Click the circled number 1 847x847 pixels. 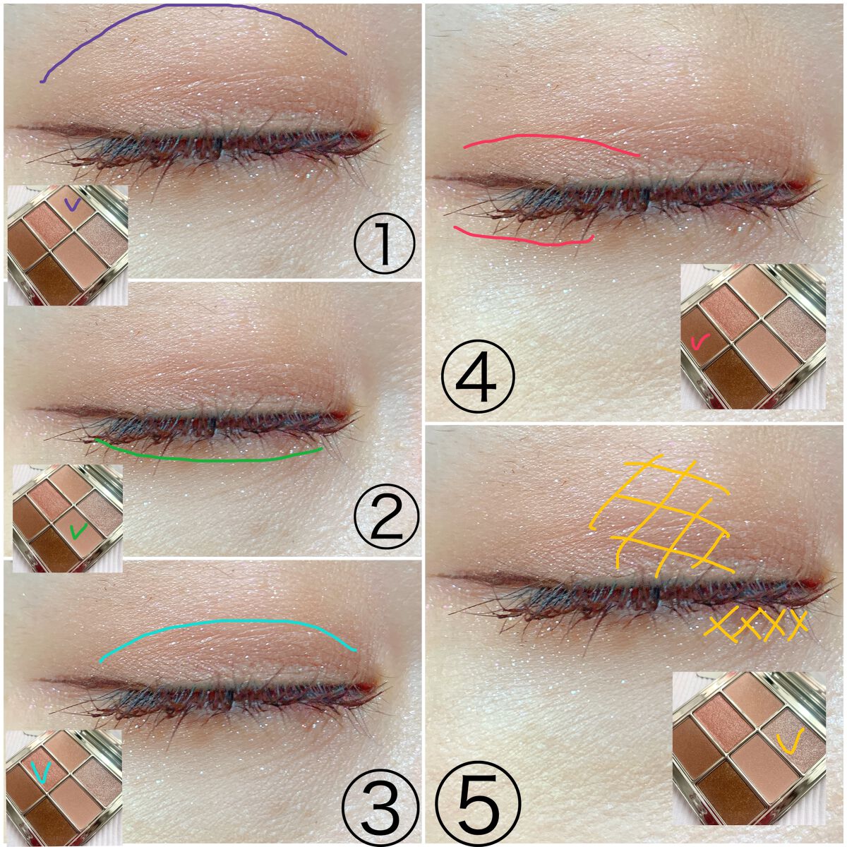[384, 244]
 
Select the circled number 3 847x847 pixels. [380, 807]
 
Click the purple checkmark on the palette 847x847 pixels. [72, 203]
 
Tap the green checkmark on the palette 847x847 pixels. [78, 531]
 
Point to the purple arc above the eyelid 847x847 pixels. [193, 6]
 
